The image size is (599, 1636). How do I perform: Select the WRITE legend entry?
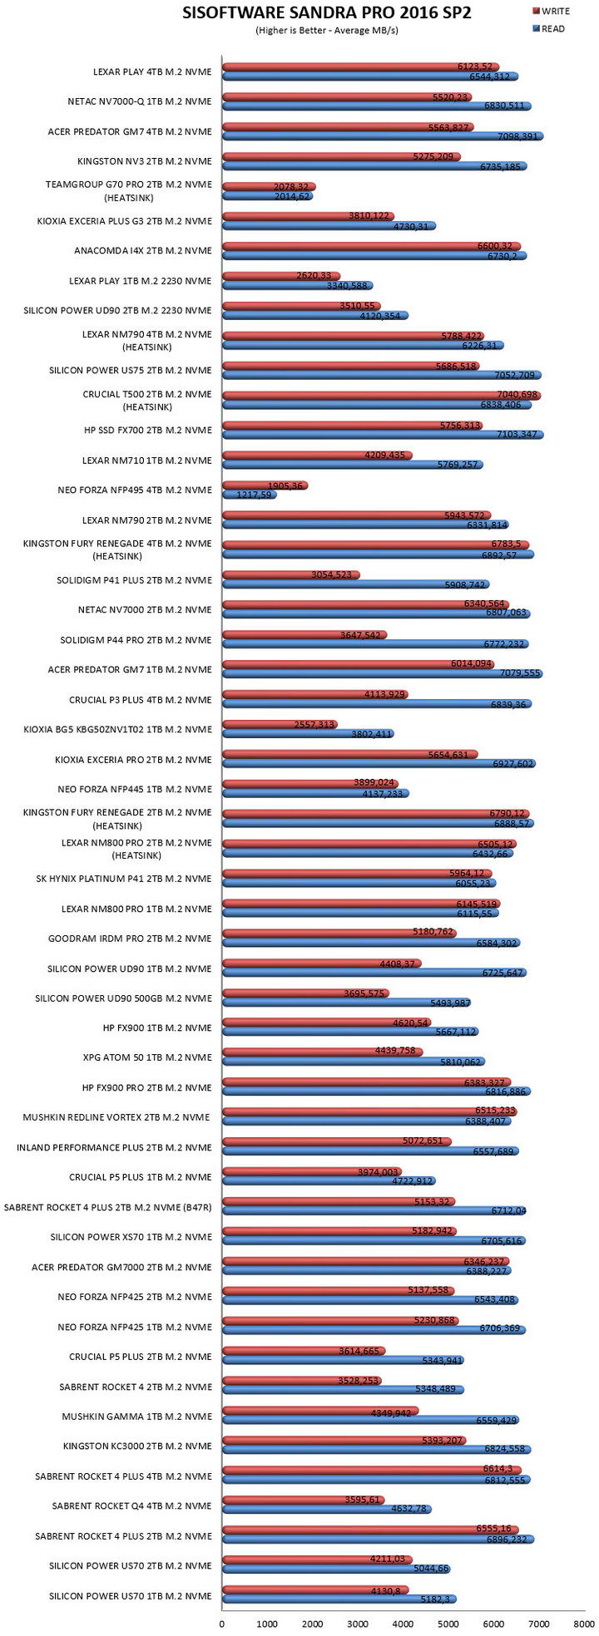[550, 12]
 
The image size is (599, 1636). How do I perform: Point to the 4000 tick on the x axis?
[403, 1622]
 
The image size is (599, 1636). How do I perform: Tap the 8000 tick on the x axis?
[584, 1622]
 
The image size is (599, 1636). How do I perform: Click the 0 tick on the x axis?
[222, 1622]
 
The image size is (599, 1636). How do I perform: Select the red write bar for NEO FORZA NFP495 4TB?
[265, 485]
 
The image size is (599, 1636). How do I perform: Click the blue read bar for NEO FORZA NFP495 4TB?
[250, 495]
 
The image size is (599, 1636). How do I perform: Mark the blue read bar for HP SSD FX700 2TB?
[383, 435]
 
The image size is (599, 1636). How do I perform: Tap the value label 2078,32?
[290, 186]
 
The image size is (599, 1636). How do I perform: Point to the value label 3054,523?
[337, 574]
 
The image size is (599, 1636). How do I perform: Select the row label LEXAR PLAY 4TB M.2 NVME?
[153, 71]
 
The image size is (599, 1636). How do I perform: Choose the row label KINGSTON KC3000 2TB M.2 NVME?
[137, 1446]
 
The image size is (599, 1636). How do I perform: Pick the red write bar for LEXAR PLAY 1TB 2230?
[281, 276]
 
